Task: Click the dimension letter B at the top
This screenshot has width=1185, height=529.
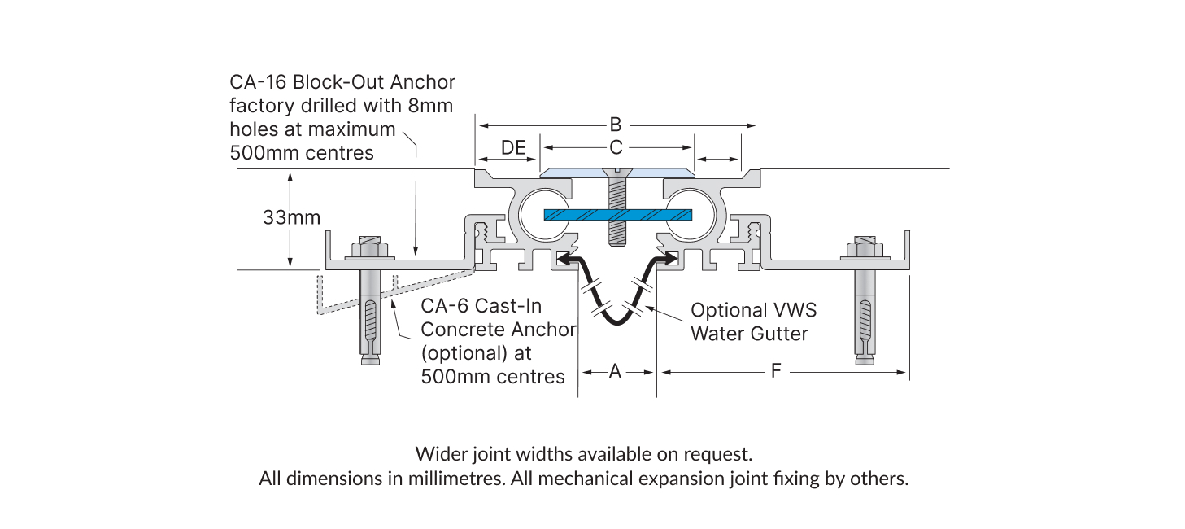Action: tap(615, 125)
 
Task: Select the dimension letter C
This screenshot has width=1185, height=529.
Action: tap(616, 148)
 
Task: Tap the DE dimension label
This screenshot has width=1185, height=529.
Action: tap(513, 148)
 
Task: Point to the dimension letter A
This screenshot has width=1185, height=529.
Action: tap(615, 371)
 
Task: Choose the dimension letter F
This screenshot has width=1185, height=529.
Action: tap(776, 371)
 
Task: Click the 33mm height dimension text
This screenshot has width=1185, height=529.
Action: tap(291, 217)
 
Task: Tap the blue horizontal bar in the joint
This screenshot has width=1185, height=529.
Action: tap(618, 215)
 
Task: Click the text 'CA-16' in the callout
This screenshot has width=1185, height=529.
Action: tap(258, 83)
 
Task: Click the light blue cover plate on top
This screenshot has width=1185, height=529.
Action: tap(616, 173)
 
